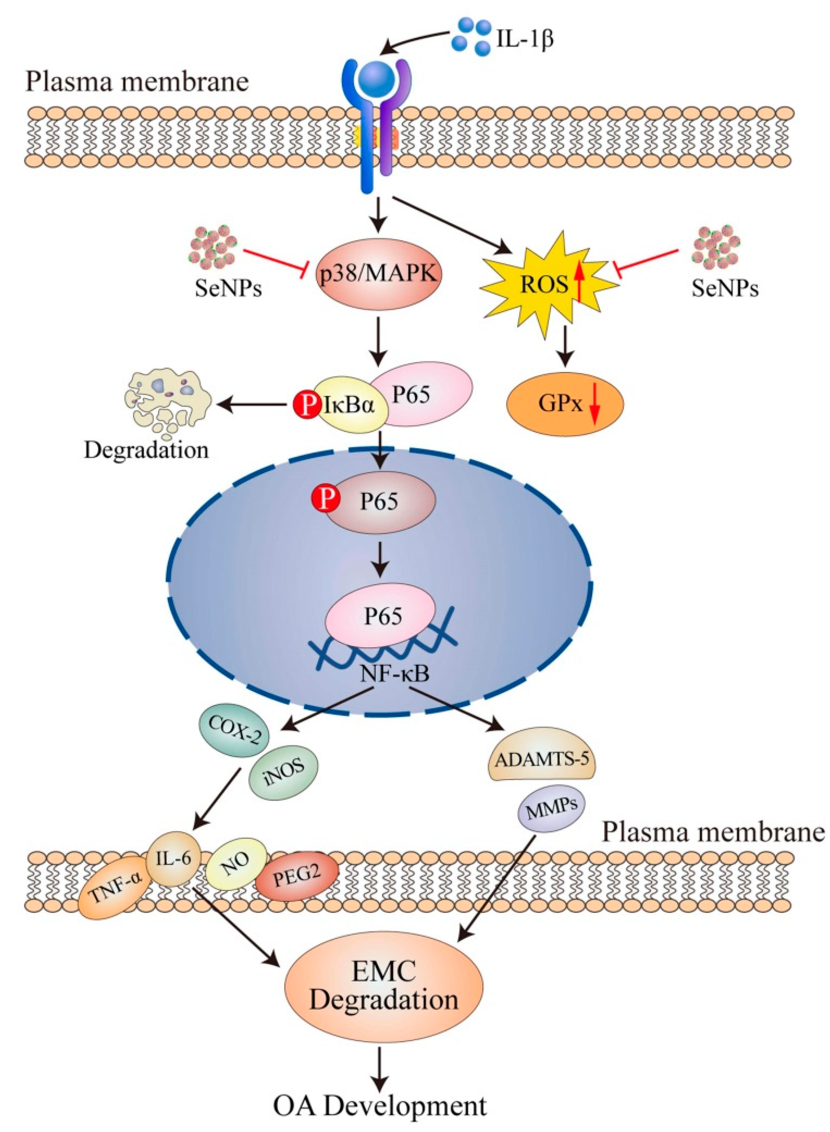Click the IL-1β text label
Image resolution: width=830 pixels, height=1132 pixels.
[x=525, y=39]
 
